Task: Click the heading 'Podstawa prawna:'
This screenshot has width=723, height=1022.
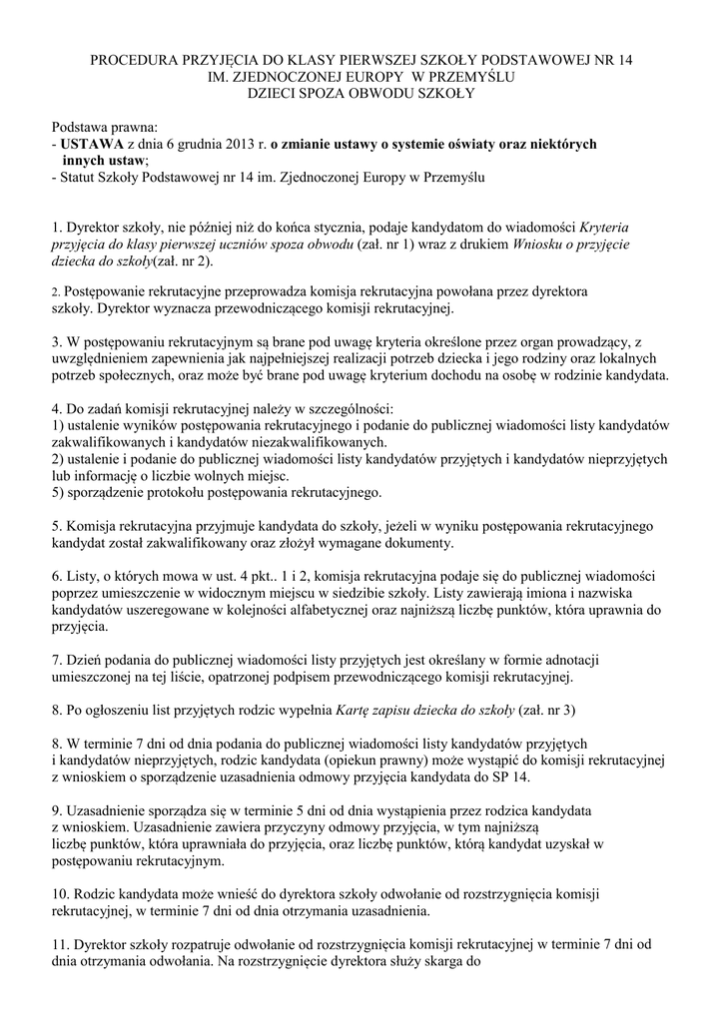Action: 105,128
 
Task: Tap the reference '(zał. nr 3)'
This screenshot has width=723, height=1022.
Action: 547,711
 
